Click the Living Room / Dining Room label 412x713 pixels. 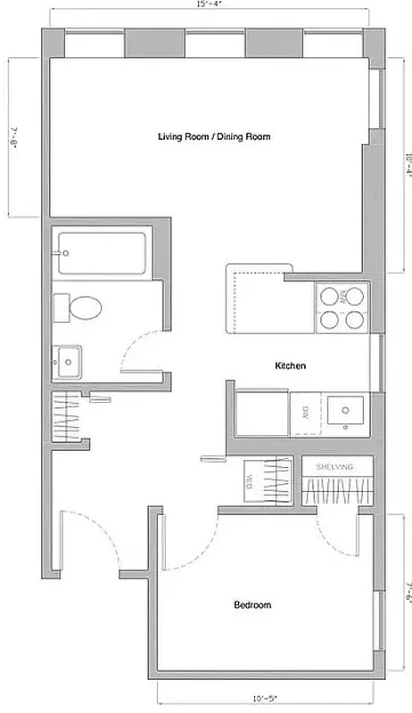(x=214, y=137)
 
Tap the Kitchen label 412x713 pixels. (x=291, y=366)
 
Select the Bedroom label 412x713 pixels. (x=252, y=605)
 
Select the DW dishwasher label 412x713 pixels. (x=303, y=412)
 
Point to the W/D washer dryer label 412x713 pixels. (x=250, y=483)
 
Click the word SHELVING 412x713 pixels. (x=334, y=467)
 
